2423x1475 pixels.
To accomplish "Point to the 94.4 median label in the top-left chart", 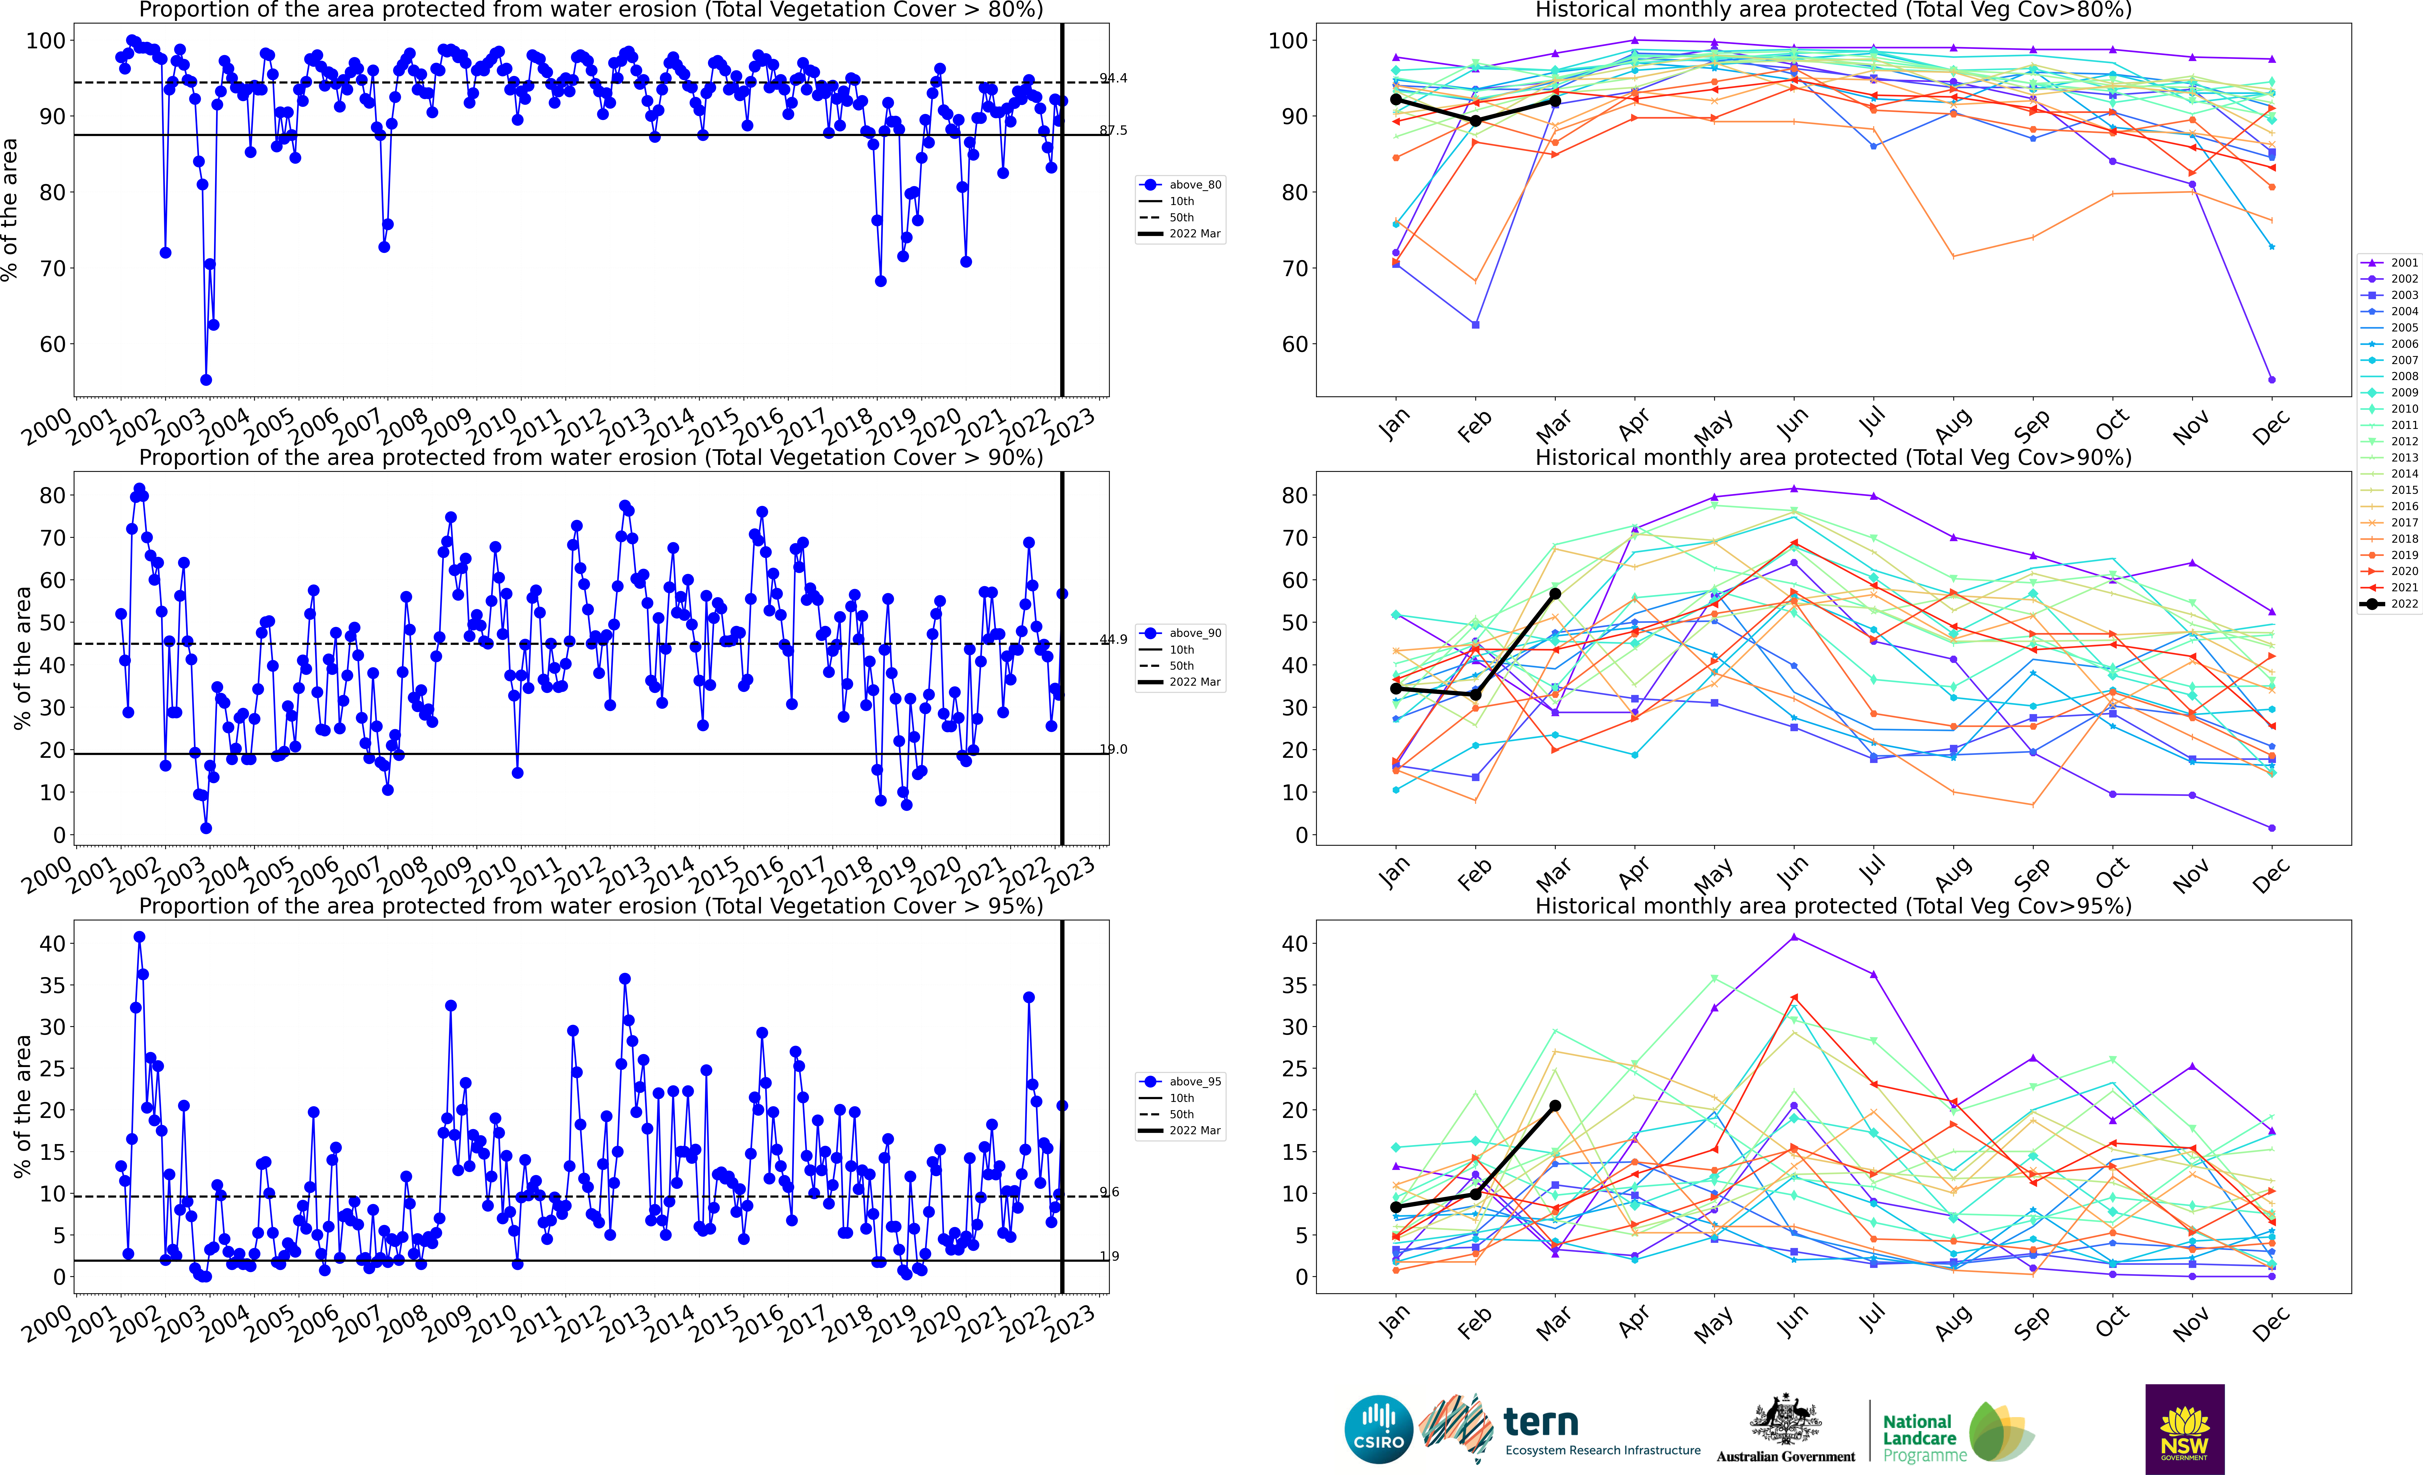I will pos(1113,79).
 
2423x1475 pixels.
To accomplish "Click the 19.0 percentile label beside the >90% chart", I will pos(1113,749).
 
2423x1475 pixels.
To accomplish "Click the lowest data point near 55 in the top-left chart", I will pos(206,380).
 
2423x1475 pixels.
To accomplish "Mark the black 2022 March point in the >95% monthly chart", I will pos(1555,1105).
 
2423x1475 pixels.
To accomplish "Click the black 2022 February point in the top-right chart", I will pos(1475,121).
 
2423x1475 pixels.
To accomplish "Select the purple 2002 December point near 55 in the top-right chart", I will pos(2272,380).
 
